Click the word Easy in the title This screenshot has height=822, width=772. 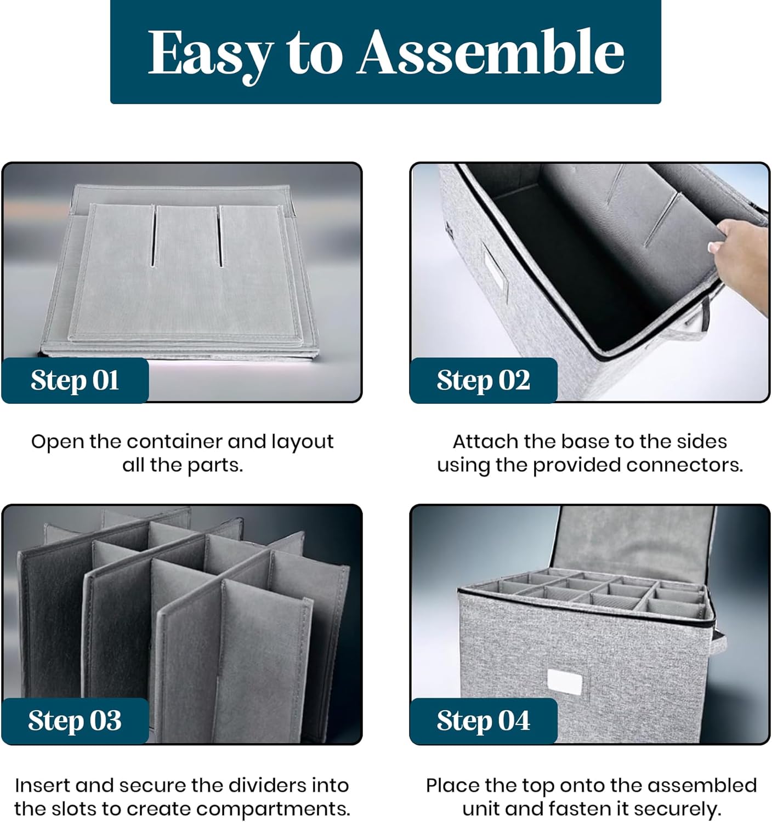click(x=211, y=54)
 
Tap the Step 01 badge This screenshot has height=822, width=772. click(x=75, y=380)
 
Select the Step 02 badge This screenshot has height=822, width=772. click(x=484, y=380)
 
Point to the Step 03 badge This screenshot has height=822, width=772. click(x=75, y=721)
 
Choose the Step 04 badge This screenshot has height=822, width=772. click(x=484, y=721)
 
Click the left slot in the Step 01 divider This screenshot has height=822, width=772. click(x=154, y=236)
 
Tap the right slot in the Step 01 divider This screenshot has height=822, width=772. click(x=221, y=236)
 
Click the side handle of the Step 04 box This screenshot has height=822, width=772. click(x=720, y=640)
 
